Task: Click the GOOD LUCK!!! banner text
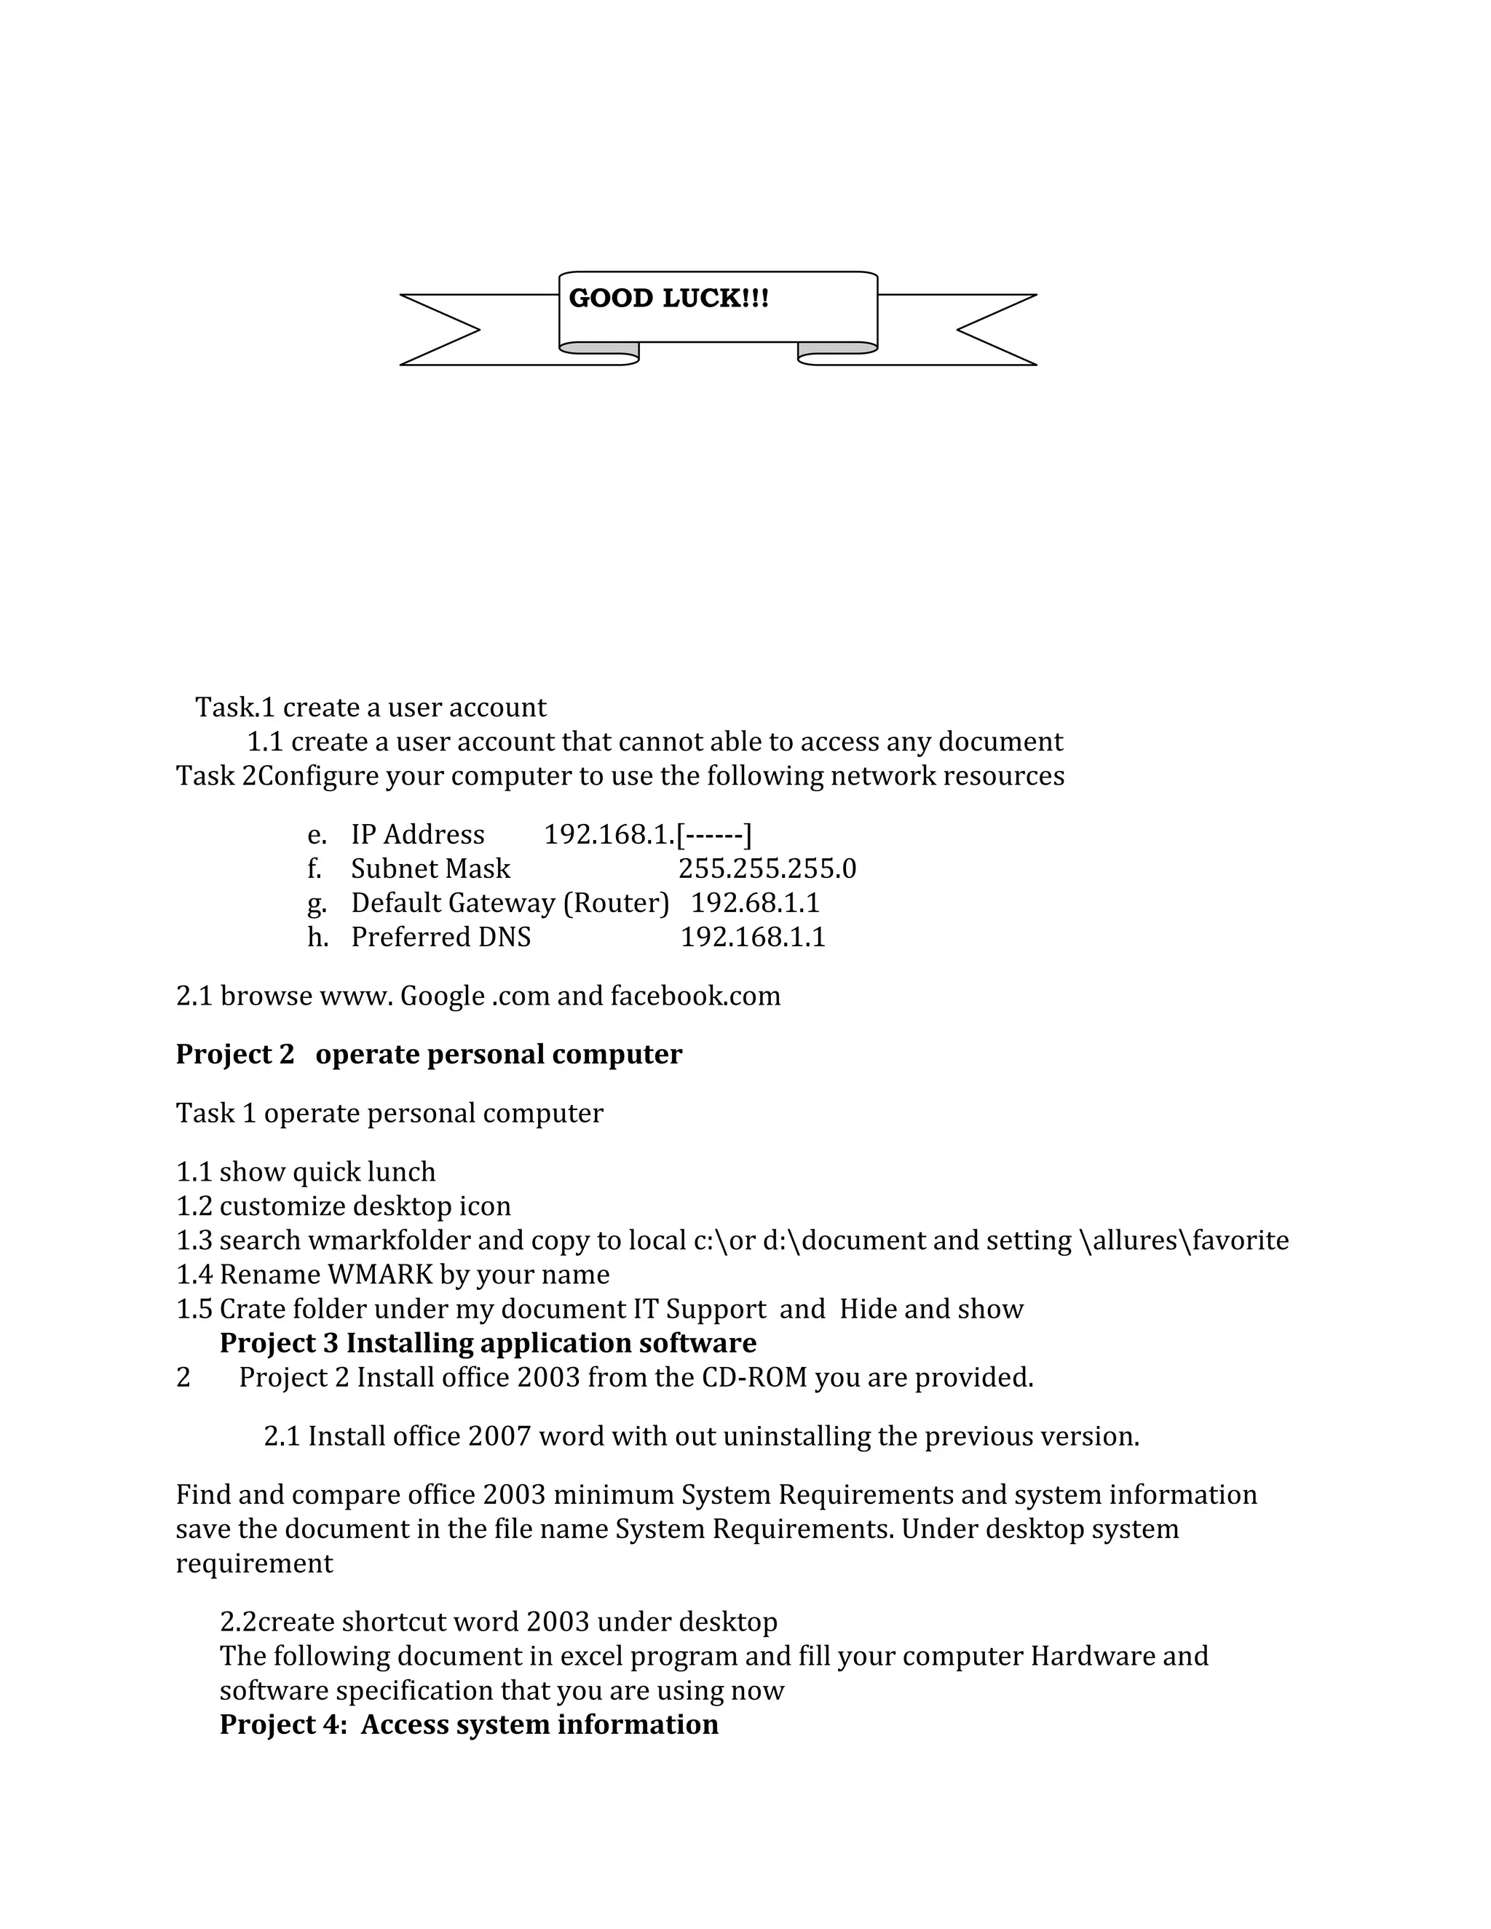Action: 668,298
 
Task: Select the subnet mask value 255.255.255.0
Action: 767,869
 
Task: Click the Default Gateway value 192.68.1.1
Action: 754,903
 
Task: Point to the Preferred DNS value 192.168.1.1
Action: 753,937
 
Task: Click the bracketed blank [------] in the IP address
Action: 713,835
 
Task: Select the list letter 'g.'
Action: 316,903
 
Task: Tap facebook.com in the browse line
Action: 695,997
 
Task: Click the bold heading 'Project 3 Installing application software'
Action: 488,1344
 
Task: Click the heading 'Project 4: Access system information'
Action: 468,1725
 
